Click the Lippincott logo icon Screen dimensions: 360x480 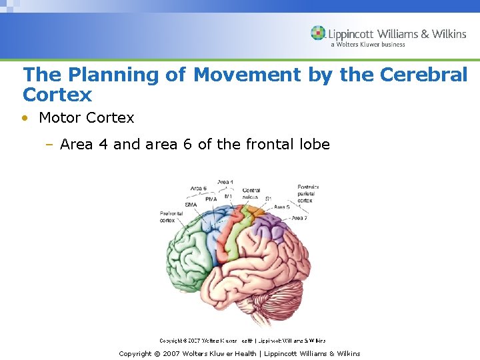click(x=318, y=33)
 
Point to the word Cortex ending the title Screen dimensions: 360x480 click(x=57, y=94)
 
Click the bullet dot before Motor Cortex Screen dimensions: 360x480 click(x=25, y=118)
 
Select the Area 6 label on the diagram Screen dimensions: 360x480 click(x=198, y=189)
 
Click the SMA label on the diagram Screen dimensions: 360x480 click(x=191, y=205)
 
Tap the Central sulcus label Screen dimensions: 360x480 click(x=251, y=193)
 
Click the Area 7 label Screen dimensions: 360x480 click(x=299, y=218)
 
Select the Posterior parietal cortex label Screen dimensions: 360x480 click(x=308, y=194)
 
